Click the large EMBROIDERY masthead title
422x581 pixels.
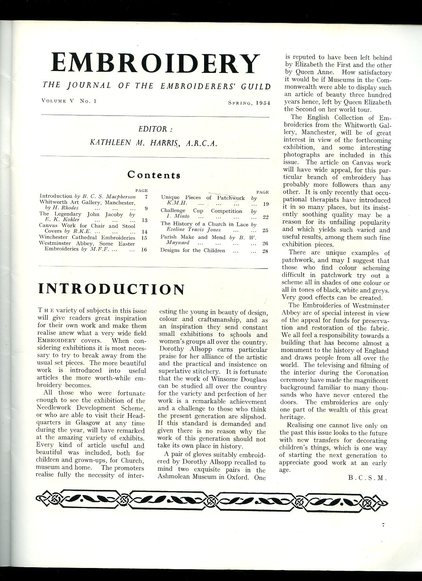(155, 63)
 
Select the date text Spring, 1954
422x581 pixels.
(249, 103)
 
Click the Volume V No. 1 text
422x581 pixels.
(69, 101)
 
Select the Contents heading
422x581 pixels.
(154, 174)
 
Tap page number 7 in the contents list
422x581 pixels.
(146, 196)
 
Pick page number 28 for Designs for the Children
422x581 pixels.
(265, 251)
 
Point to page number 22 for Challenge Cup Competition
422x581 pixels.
(265, 216)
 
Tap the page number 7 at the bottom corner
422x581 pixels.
(383, 525)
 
